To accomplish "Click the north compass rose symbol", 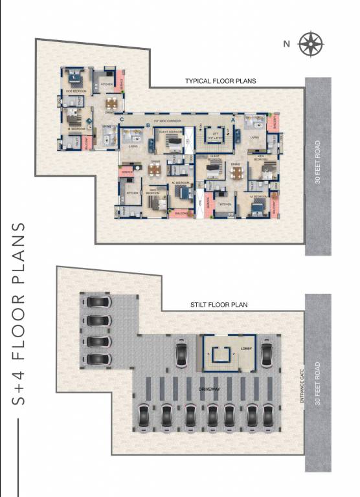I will (x=311, y=43).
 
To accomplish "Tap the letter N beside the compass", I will (x=286, y=44).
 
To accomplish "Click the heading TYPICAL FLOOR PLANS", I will (x=221, y=82).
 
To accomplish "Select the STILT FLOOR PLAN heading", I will (x=219, y=304).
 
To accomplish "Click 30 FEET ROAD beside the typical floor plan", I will (x=318, y=161).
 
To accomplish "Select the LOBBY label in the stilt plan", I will (x=245, y=348).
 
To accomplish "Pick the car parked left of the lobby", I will (x=181, y=355).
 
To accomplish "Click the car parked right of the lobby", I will (x=267, y=355).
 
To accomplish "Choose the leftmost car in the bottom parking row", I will (x=144, y=414).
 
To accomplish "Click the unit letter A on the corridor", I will (x=233, y=120).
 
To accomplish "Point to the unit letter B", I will (x=148, y=126).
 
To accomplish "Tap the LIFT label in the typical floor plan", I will (x=214, y=133).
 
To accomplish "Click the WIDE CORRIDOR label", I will (x=166, y=122).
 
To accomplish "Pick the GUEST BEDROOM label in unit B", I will (x=170, y=131).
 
